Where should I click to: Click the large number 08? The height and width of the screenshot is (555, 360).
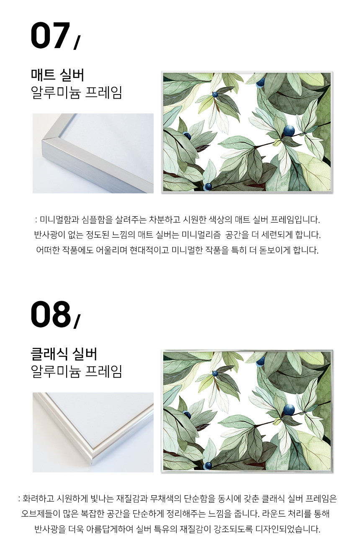[50, 314]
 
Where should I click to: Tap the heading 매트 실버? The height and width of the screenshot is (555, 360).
[57, 75]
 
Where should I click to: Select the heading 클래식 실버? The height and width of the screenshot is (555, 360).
[64, 354]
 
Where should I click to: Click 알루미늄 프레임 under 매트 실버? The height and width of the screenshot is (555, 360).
[76, 93]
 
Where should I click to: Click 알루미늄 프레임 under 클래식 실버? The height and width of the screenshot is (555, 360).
[76, 372]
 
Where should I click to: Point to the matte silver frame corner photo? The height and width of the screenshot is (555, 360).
[93, 153]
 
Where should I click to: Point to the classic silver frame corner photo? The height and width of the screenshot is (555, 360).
[93, 432]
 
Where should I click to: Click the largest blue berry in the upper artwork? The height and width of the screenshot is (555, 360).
[289, 131]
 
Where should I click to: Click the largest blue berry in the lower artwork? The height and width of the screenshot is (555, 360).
[289, 410]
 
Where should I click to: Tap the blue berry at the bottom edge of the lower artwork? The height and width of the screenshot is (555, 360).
[208, 466]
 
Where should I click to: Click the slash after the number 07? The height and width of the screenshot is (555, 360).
[77, 43]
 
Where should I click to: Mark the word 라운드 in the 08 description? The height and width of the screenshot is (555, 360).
[273, 514]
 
